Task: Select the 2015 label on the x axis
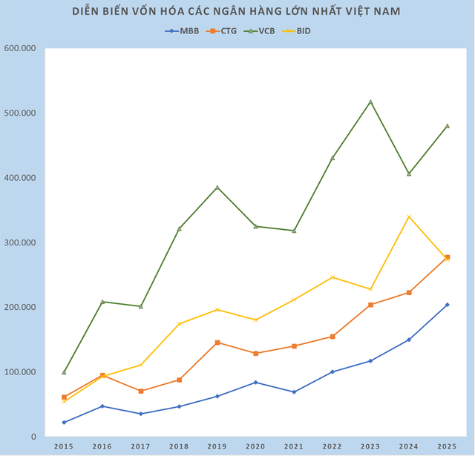click(x=64, y=446)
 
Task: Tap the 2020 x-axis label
click(x=255, y=446)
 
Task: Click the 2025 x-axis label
click(x=446, y=446)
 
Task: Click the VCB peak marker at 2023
click(x=370, y=102)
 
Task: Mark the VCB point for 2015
click(x=64, y=371)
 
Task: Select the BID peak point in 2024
click(x=408, y=217)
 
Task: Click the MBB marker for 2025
click(x=446, y=305)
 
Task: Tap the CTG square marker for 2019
click(x=217, y=343)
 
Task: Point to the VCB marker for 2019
click(x=217, y=188)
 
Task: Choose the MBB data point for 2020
click(x=255, y=383)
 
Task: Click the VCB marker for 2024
click(x=408, y=174)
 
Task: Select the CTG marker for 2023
click(x=370, y=305)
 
